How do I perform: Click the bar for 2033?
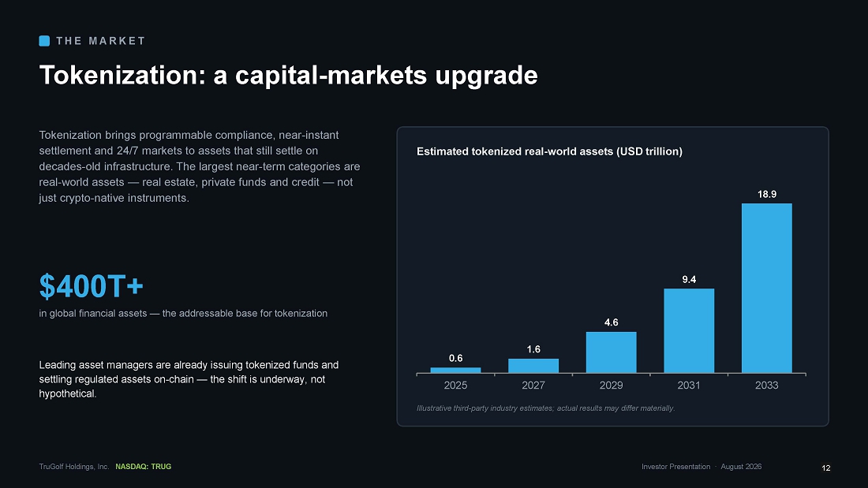pyautogui.click(x=767, y=289)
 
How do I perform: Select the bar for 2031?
pyautogui.click(x=689, y=331)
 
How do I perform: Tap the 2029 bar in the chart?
pyautogui.click(x=611, y=352)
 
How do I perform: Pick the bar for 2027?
pyautogui.click(x=533, y=366)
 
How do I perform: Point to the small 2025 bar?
pyautogui.click(x=455, y=371)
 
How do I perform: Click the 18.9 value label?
pyautogui.click(x=767, y=194)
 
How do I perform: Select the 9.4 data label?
pyautogui.click(x=689, y=279)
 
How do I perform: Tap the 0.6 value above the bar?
pyautogui.click(x=455, y=358)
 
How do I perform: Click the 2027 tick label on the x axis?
pyautogui.click(x=533, y=385)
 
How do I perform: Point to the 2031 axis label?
pyautogui.click(x=689, y=385)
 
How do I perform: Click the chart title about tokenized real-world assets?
pyautogui.click(x=549, y=151)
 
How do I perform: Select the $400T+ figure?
pyautogui.click(x=92, y=286)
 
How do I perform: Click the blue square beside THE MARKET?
pyautogui.click(x=44, y=41)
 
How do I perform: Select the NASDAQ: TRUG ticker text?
pyautogui.click(x=144, y=467)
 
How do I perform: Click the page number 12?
pyautogui.click(x=826, y=468)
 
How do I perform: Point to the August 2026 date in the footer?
pyautogui.click(x=741, y=467)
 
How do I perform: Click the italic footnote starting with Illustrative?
pyautogui.click(x=545, y=408)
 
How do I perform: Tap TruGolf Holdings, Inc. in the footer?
pyautogui.click(x=73, y=467)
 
